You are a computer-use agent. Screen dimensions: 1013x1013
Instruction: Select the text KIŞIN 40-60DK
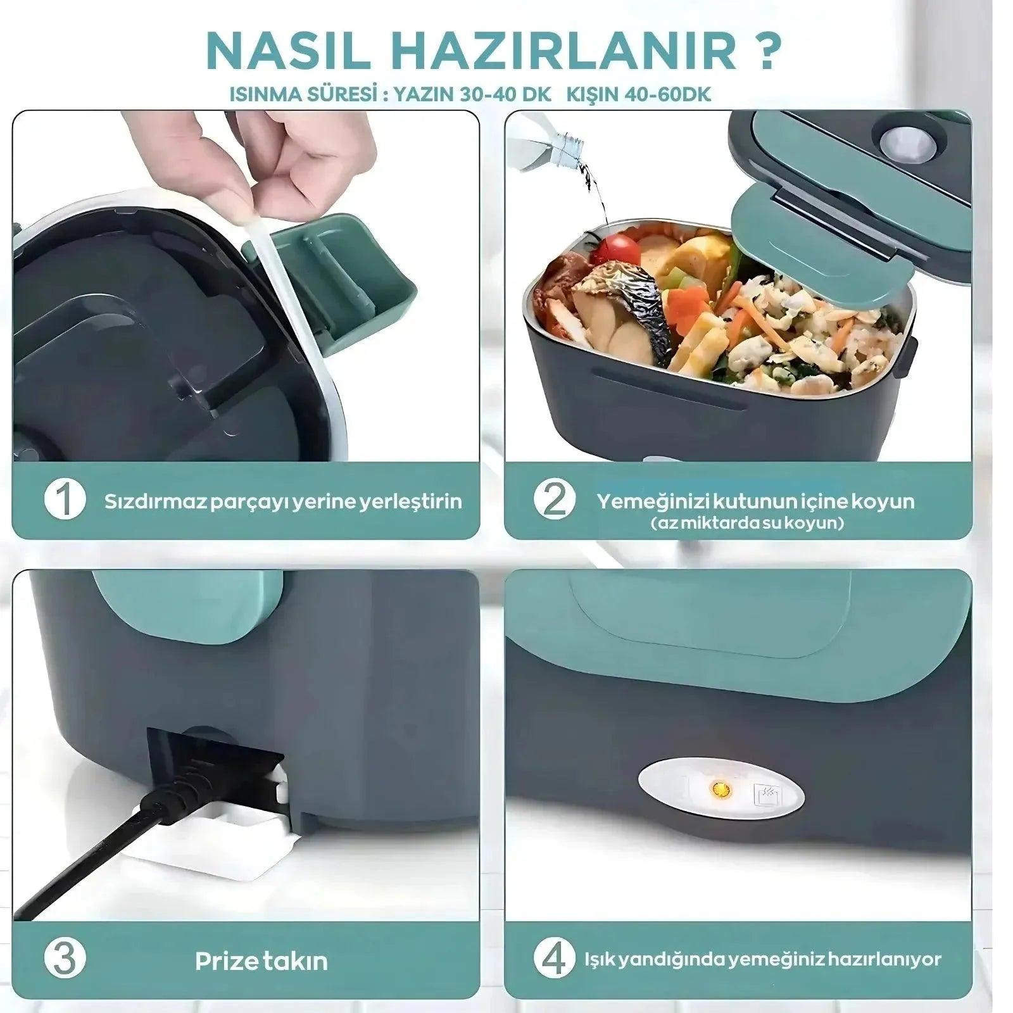coord(639,94)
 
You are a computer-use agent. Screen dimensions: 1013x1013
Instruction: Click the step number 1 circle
coord(65,500)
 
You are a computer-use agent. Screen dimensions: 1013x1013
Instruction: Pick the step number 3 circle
coord(65,960)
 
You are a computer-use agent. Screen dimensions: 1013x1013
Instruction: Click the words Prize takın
coord(261,961)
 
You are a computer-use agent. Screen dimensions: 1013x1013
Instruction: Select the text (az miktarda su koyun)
coord(747,524)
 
